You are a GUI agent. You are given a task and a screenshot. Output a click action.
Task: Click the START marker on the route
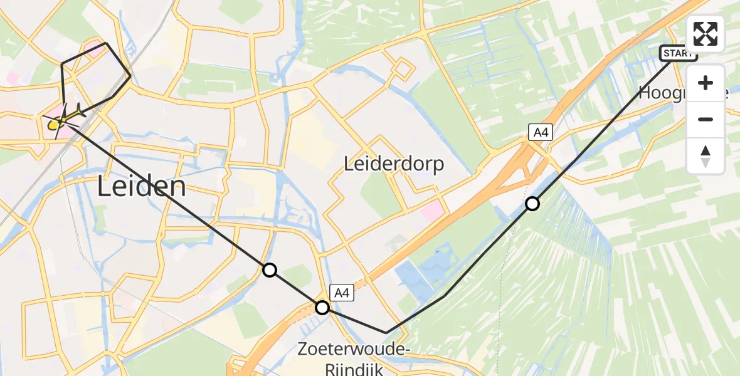(678, 53)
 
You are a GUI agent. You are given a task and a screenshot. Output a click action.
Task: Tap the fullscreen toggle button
(706, 33)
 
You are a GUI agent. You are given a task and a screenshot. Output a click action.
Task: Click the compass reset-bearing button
(706, 156)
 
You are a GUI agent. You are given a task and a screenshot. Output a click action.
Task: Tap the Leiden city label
(142, 187)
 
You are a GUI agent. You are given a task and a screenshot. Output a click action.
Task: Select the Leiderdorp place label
(394, 164)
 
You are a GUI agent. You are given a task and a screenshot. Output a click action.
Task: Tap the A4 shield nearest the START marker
(540, 132)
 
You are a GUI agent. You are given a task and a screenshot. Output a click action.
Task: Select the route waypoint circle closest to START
(532, 203)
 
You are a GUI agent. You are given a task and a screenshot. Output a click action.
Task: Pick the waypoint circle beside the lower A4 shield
(322, 307)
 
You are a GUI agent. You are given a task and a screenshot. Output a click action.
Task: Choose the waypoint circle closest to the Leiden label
(269, 270)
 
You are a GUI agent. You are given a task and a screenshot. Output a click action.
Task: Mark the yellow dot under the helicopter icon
(53, 124)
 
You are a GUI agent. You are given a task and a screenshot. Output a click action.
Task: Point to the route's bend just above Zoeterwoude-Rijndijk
(386, 333)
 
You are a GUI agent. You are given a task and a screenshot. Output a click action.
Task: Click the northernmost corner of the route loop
(107, 43)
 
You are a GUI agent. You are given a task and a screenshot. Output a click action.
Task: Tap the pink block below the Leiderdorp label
(431, 211)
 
